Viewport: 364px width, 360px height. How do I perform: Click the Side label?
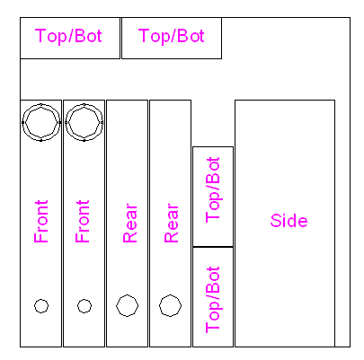pos(289,221)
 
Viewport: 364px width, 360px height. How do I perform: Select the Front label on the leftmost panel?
pos(41,222)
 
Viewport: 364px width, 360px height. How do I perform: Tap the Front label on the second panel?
pos(83,222)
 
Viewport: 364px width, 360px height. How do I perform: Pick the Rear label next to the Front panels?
pos(130,224)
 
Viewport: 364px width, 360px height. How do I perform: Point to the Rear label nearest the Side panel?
pos(172,224)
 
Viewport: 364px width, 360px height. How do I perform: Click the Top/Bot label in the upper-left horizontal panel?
pos(68,36)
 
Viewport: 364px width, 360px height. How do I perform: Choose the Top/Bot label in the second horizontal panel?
pos(172,36)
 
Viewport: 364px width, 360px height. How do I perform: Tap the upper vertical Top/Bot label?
pos(213,190)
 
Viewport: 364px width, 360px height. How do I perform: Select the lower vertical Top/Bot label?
pos(213,300)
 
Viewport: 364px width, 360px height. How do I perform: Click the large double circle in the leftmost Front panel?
pos(41,104)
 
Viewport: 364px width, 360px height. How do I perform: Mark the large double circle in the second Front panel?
pos(84,104)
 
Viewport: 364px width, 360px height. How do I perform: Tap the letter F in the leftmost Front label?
pos(41,237)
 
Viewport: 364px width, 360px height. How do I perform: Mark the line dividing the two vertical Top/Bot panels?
pos(213,247)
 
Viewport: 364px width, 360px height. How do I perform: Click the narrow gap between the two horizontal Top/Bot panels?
pos(120,38)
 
